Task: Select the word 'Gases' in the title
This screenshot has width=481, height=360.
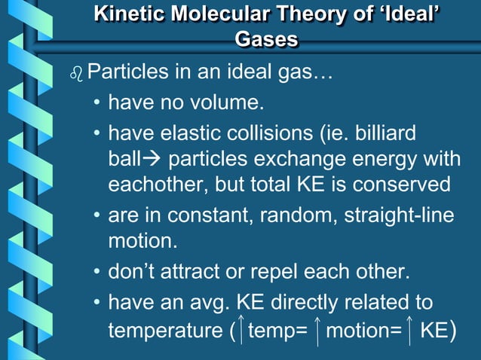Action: pyautogui.click(x=266, y=40)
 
